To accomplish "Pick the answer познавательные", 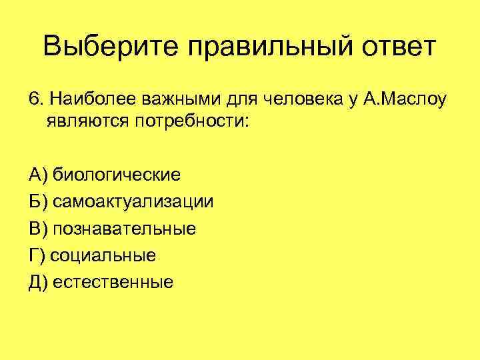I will (x=125, y=229).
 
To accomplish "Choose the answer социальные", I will (x=103, y=255).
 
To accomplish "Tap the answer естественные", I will (x=113, y=282).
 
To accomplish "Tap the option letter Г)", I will (x=37, y=255).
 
